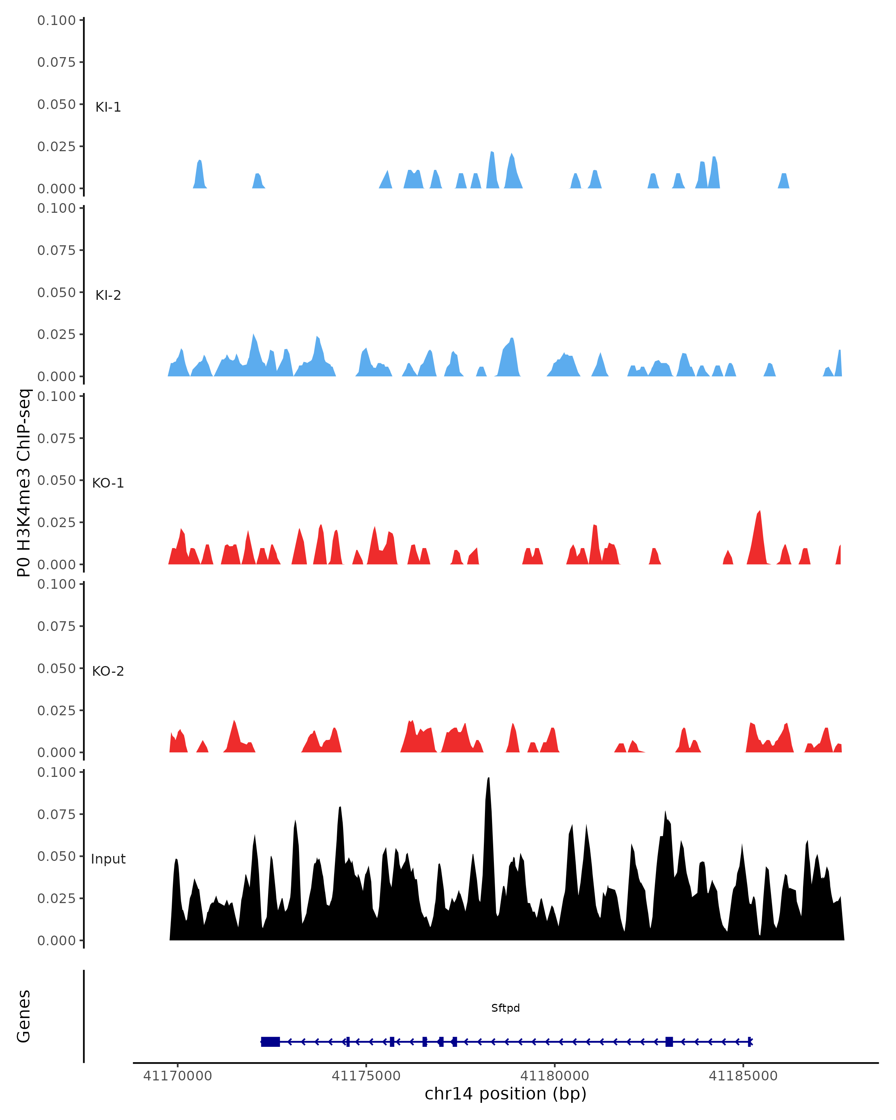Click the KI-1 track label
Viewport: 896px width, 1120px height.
click(x=108, y=107)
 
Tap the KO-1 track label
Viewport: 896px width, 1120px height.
click(x=108, y=483)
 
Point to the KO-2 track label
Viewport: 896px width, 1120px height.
click(x=108, y=671)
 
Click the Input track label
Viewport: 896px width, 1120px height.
click(x=108, y=859)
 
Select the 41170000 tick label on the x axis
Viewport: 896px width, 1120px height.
click(x=178, y=1076)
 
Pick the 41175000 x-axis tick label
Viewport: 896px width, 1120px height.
click(x=366, y=1076)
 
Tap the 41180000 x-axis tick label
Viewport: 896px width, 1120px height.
click(x=554, y=1076)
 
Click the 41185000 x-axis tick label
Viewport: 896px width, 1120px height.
click(x=743, y=1076)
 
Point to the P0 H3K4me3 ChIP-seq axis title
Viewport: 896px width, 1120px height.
click(x=24, y=483)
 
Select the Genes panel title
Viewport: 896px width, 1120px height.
click(x=24, y=1017)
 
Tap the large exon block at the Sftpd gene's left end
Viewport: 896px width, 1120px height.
click(x=270, y=1042)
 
